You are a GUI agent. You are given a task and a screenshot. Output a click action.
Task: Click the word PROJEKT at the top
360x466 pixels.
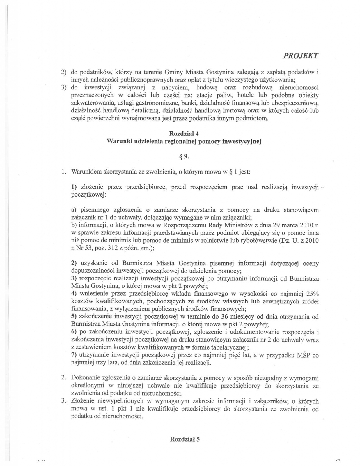[x=300, y=56]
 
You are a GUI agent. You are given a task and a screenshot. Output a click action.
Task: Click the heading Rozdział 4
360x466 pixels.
[x=184, y=134]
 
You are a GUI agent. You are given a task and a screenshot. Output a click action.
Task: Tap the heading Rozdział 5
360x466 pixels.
[x=185, y=439]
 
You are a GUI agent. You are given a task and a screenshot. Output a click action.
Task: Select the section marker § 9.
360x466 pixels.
[x=184, y=157]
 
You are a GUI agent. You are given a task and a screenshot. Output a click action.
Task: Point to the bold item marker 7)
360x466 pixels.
[x=74, y=355]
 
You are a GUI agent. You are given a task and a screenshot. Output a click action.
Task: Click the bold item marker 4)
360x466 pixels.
[x=74, y=293]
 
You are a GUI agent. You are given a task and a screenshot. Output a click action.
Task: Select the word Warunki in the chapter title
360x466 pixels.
[x=118, y=142]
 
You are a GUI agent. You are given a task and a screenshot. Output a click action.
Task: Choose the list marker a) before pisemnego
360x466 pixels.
[x=74, y=210]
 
